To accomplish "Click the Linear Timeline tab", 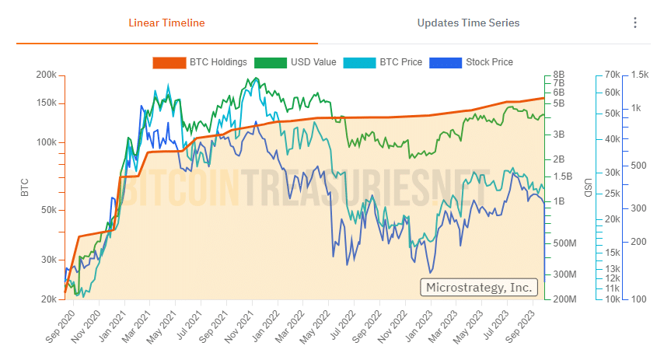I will tap(166, 23).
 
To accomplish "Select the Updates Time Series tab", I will tap(468, 23).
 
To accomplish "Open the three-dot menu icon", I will tap(635, 23).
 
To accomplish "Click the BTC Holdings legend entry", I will tap(201, 62).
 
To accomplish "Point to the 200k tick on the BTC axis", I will tap(46, 75).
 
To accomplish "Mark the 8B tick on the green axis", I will tap(558, 75).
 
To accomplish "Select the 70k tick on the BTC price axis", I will tap(611, 75).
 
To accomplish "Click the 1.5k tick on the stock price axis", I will tap(640, 75).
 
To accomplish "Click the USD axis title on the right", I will tap(588, 187).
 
